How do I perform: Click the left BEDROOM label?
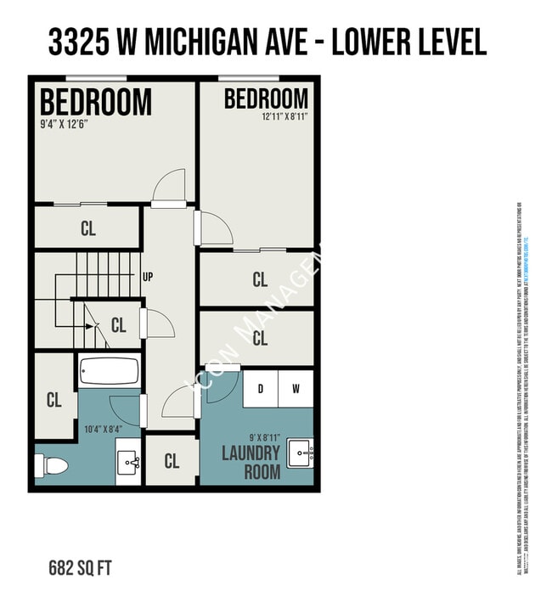[x=96, y=102]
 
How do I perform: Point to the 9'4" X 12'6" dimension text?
[x=65, y=123]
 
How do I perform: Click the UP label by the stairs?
[x=148, y=277]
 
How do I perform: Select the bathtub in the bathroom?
[x=109, y=372]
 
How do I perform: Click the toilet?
[x=50, y=466]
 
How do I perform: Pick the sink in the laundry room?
[x=301, y=453]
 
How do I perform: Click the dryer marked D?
[x=261, y=390]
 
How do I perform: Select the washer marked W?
[x=296, y=390]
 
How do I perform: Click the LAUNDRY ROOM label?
[x=251, y=462]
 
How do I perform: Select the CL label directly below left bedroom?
[x=88, y=228]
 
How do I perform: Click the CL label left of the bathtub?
[x=54, y=400]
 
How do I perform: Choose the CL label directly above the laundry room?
[x=260, y=339]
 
